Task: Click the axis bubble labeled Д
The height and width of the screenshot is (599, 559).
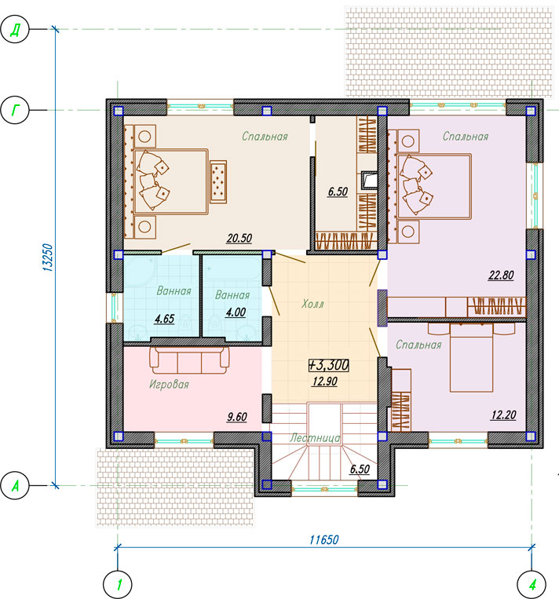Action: tap(14, 28)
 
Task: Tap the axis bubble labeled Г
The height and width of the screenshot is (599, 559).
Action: tap(14, 110)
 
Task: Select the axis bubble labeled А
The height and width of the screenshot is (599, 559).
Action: tap(14, 485)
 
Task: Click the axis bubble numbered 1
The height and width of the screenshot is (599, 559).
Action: tap(118, 585)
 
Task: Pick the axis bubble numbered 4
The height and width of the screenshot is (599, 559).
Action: tap(532, 585)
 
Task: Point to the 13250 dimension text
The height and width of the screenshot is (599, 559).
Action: tap(48, 257)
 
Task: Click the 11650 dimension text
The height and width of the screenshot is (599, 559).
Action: tap(324, 540)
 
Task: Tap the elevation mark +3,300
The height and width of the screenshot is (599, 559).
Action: tap(329, 365)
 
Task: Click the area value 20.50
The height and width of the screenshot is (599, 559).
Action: tap(239, 239)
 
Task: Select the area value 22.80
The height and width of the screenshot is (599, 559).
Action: tap(501, 275)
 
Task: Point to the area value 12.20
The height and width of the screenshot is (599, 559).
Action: tap(504, 415)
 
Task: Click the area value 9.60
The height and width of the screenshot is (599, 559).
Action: tap(237, 417)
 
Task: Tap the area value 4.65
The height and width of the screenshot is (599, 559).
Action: tap(165, 319)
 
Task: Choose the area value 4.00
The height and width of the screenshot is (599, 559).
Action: tap(236, 312)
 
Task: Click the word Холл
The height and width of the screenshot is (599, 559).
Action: tap(312, 304)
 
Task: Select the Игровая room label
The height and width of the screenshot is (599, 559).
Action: tap(169, 384)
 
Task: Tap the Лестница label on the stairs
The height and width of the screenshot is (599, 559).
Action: tap(315, 438)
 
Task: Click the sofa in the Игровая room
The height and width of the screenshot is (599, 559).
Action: tap(189, 360)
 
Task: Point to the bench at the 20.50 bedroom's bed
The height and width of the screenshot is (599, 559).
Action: tap(218, 182)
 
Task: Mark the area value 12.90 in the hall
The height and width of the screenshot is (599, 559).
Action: tap(325, 382)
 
